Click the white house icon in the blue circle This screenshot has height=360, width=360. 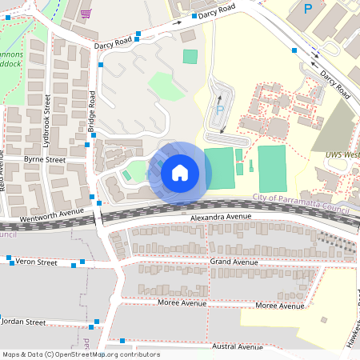(x=180, y=172)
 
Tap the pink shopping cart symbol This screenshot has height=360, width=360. (x=86, y=13)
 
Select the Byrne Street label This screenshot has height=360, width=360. (x=44, y=160)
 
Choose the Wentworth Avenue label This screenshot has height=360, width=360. (x=53, y=213)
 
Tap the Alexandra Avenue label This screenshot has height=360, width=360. (x=221, y=217)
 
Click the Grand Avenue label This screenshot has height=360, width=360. (x=234, y=262)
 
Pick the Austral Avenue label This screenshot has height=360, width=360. (x=238, y=347)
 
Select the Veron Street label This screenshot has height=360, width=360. (x=37, y=262)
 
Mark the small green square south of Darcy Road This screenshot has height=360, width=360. (x=190, y=56)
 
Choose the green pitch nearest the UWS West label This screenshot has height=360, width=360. (x=272, y=169)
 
